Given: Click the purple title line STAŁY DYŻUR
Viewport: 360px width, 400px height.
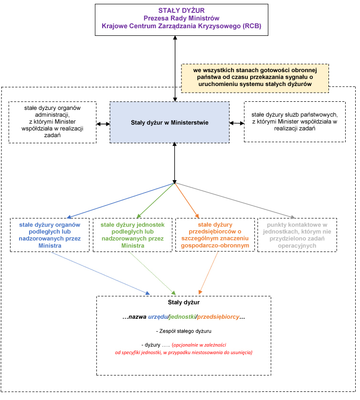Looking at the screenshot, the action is click(181, 11).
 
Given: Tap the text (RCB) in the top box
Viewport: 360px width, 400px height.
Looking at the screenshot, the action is click(252, 26).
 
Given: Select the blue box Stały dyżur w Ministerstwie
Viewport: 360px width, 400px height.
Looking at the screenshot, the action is click(169, 122).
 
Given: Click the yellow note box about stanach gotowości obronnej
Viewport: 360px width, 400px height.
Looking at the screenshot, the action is click(255, 78).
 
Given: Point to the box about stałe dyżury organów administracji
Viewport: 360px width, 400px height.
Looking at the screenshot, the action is click(53, 122).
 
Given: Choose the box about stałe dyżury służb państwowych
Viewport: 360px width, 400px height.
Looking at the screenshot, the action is click(295, 122).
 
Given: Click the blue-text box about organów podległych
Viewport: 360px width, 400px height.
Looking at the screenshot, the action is click(50, 235).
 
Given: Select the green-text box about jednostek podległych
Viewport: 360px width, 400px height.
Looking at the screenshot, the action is click(132, 235).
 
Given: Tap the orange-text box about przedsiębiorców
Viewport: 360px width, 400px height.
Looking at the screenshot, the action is click(215, 235).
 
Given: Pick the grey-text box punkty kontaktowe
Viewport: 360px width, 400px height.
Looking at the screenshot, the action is click(297, 235).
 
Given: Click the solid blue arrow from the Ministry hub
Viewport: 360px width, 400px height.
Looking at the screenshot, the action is click(120, 201).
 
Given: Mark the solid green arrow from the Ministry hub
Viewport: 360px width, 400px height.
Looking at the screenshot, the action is click(156, 201).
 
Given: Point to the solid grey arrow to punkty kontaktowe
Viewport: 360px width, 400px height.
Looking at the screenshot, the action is click(235, 201).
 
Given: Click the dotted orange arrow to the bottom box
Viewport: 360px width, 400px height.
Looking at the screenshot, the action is click(208, 273).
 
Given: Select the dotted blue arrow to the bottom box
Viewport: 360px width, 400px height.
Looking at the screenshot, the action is click(101, 273).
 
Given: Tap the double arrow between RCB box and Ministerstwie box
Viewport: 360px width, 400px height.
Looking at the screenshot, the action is click(175, 69).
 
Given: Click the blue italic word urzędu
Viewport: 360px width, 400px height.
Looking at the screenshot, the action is click(158, 317).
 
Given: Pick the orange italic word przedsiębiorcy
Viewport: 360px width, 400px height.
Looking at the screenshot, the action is click(218, 317).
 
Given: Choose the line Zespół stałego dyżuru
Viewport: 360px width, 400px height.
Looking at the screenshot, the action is click(184, 331).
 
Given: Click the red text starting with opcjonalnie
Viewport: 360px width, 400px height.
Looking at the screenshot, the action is click(184, 349).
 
